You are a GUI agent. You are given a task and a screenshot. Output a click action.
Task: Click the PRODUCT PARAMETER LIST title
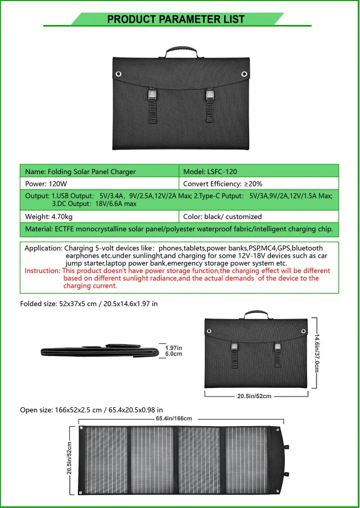coord(176,19)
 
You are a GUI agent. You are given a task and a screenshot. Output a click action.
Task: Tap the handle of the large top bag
coord(182,52)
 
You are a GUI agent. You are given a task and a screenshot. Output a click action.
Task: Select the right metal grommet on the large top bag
coord(245,75)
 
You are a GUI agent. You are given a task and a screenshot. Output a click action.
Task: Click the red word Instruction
coord(42,271)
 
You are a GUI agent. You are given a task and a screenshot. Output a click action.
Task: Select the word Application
coord(43,249)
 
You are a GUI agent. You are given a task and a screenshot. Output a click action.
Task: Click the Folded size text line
coord(89,304)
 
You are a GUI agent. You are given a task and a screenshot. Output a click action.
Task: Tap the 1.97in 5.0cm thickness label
coord(173,351)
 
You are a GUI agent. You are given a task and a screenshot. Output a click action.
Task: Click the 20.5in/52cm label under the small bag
coord(254,396)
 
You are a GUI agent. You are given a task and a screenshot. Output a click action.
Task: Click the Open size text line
coord(92,409)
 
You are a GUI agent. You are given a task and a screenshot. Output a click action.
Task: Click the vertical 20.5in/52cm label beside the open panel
coord(69,458)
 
